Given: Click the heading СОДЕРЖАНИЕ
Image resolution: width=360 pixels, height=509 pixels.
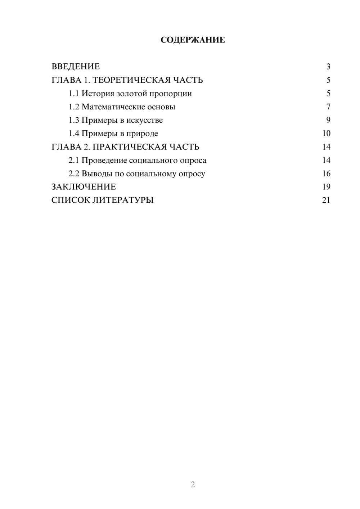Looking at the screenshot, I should click(193, 40).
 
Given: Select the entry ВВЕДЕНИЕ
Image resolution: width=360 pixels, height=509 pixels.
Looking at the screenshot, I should click(76, 67).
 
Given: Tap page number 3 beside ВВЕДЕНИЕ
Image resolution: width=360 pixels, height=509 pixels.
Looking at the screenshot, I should click(328, 67).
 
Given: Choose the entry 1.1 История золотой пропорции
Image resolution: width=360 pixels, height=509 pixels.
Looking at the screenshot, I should click(130, 94).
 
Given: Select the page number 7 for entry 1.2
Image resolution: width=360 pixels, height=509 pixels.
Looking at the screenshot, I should click(328, 107).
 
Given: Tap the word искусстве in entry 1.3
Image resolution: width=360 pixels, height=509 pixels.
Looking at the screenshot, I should click(144, 120).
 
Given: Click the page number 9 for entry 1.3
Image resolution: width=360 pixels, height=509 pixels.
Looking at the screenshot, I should click(328, 120).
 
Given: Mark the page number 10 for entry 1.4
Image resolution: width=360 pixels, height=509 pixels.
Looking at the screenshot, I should click(326, 134).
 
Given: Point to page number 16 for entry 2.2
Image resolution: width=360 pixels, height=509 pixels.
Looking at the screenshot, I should click(326, 174).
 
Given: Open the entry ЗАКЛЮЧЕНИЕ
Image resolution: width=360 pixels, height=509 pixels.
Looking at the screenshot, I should click(84, 187).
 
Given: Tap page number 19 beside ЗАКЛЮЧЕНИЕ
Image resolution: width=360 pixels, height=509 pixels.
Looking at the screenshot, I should click(326, 187).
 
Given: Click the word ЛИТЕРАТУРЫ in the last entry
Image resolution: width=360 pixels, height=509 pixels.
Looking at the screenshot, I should click(123, 200).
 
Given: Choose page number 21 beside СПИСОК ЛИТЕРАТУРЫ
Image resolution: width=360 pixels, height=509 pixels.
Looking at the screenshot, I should click(326, 200).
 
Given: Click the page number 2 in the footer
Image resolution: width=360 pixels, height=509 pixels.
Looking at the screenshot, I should click(193, 485).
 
